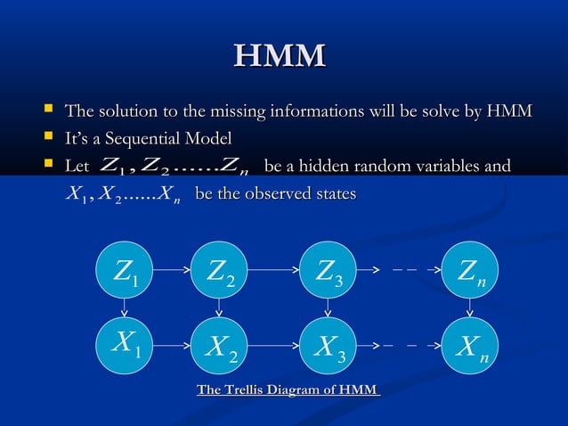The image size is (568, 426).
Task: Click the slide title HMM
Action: click(280, 57)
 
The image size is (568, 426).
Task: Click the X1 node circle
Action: click(125, 344)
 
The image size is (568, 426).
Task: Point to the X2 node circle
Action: click(219, 344)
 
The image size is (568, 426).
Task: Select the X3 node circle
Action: click(328, 344)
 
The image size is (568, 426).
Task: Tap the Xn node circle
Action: click(470, 344)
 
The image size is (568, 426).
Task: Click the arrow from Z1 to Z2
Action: click(172, 267)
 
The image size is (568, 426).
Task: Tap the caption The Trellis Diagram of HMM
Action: click(288, 390)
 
